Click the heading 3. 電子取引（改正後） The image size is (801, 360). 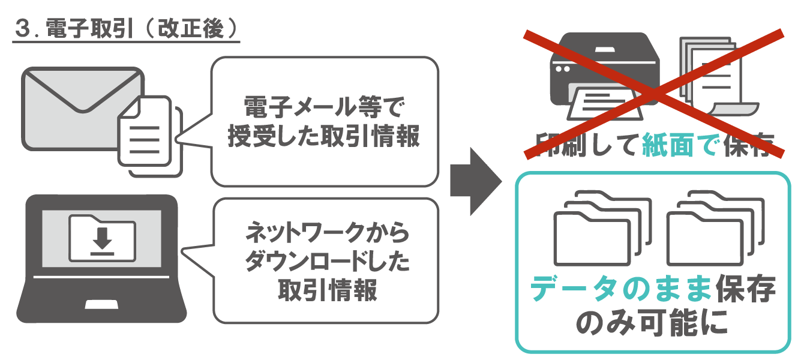(x=126, y=30)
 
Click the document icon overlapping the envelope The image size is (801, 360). (x=147, y=135)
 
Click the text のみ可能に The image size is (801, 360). (x=652, y=323)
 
